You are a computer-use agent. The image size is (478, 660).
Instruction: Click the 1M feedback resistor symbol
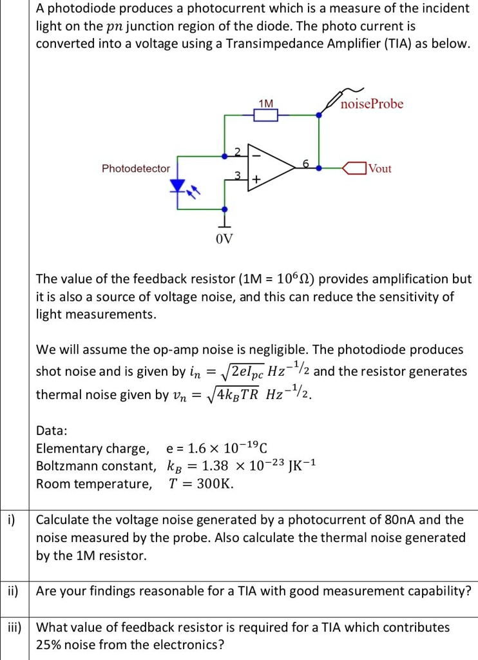click(x=265, y=115)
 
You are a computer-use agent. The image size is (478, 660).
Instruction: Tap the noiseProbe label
click(x=372, y=104)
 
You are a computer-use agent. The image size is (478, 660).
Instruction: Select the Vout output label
click(x=379, y=168)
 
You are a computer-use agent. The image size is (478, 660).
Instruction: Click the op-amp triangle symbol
click(x=274, y=168)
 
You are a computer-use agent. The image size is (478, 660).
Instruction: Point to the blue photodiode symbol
click(x=177, y=186)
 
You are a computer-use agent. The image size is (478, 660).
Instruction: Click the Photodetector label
click(x=136, y=168)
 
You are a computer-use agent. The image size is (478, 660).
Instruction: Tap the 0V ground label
click(x=224, y=240)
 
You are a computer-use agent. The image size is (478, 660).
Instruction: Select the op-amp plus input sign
click(x=256, y=182)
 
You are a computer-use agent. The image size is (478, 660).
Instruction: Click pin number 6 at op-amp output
click(x=306, y=164)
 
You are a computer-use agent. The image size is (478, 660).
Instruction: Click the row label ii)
click(x=14, y=590)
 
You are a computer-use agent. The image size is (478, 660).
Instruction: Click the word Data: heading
click(x=52, y=431)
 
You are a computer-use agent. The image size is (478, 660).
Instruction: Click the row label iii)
click(x=14, y=627)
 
